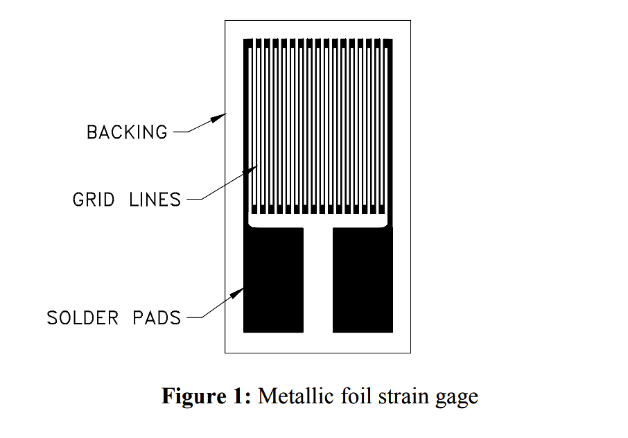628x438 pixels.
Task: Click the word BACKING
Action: pos(127,132)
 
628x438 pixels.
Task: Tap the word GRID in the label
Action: pos(94,200)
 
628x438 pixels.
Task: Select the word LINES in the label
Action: pos(155,200)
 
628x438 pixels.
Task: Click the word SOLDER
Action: pos(82,318)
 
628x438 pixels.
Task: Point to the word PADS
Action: pos(157,318)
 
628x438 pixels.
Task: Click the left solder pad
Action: pos(274,280)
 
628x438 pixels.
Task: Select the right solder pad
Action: pos(363,280)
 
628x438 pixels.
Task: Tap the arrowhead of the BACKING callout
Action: pos(218,118)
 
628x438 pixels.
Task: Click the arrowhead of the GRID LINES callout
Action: pos(250,170)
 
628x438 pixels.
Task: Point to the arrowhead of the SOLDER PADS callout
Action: pos(236,293)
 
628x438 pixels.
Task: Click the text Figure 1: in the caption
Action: pos(207,396)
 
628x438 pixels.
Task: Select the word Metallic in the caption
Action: pos(295,396)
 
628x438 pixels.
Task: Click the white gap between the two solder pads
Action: pos(318,280)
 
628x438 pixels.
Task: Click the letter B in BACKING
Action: pos(91,132)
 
